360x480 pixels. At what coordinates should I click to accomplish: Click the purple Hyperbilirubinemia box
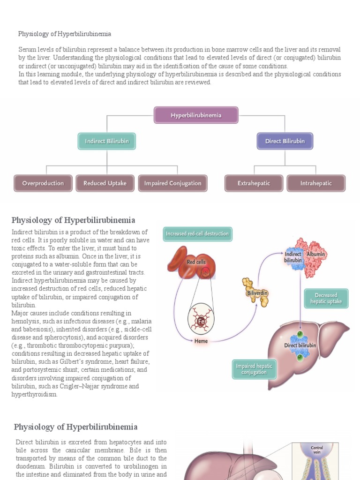(196, 115)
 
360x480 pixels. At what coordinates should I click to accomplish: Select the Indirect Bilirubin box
(107, 141)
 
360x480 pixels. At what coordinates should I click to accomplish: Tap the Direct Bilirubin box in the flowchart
(285, 141)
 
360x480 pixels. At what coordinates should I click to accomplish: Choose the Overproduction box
(43, 183)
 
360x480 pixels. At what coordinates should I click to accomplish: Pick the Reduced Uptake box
(105, 183)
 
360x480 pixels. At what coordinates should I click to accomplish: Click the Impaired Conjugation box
(172, 183)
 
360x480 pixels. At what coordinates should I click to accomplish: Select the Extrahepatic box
(254, 183)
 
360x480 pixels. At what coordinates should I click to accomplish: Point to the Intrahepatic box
(316, 183)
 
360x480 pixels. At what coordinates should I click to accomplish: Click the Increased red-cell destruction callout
(197, 233)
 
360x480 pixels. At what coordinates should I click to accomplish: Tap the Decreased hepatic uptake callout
(326, 299)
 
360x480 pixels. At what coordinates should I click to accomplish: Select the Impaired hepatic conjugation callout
(254, 369)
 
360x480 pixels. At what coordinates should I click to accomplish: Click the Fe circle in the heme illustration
(200, 322)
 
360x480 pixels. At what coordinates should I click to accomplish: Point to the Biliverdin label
(257, 293)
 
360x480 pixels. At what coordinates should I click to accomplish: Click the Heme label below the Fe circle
(201, 341)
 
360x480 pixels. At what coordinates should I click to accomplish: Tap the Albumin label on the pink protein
(315, 254)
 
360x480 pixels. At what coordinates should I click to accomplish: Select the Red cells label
(196, 262)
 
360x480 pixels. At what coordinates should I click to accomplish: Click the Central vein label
(317, 450)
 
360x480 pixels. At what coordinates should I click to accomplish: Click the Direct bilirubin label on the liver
(300, 345)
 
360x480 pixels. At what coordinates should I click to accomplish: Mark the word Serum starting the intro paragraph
(27, 49)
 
